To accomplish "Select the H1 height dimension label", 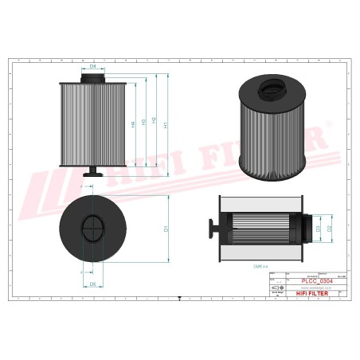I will coord(165,125).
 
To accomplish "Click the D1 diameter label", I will coord(166,229).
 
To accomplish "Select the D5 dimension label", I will coord(93,284).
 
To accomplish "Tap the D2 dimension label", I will coord(329,229).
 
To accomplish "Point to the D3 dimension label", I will coord(318,229).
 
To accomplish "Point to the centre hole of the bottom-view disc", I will coord(93,229).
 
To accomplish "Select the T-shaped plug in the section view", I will coord(213,229).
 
